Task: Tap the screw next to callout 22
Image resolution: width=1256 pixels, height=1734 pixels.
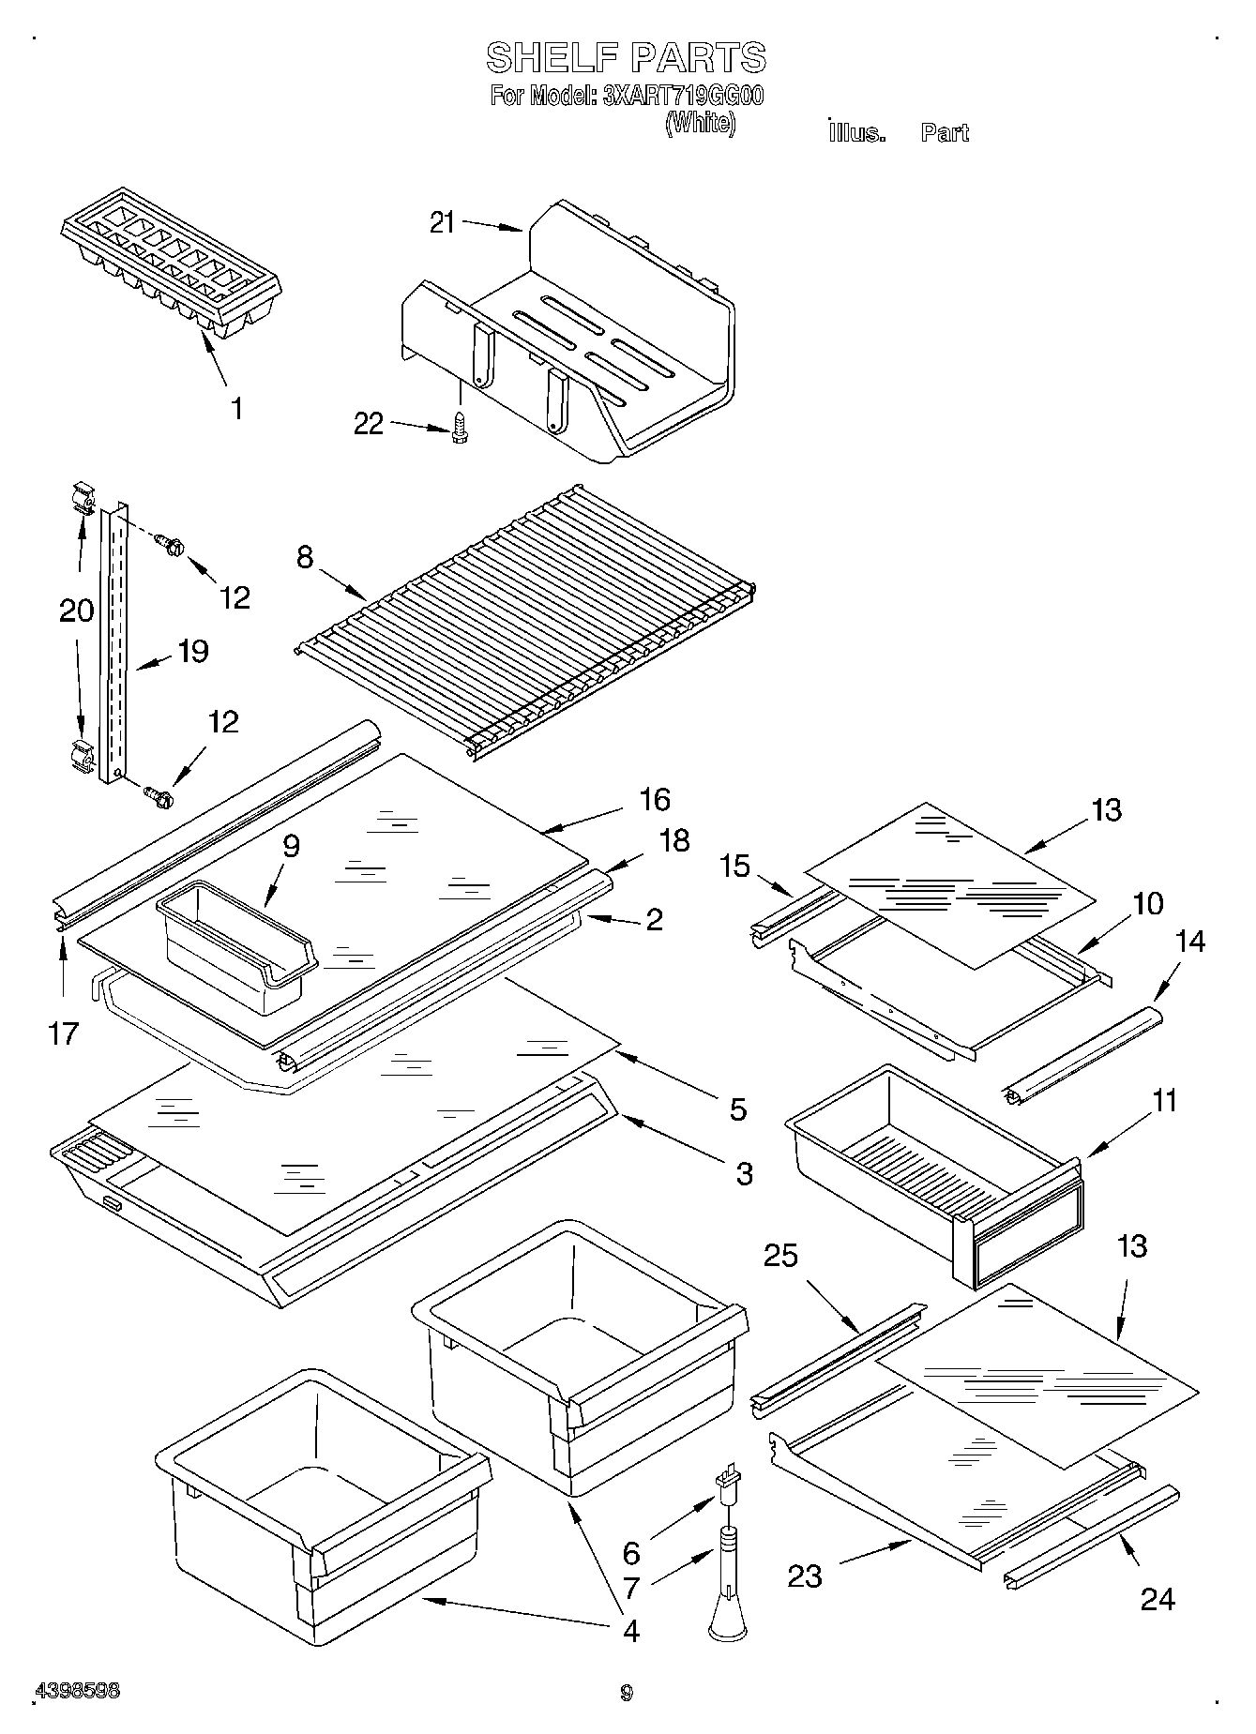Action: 460,428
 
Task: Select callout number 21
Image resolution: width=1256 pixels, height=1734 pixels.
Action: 442,223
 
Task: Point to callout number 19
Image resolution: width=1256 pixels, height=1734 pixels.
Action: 193,651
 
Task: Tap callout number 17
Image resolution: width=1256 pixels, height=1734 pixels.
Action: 64,1033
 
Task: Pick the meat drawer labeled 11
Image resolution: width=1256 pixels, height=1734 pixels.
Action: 929,1168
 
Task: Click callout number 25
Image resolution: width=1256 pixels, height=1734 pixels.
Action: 780,1255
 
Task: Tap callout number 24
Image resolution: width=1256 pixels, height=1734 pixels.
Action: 1157,1598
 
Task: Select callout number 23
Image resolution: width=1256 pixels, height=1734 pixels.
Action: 805,1576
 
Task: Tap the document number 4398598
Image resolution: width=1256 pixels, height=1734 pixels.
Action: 77,1691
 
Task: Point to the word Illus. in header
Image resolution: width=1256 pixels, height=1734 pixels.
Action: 856,133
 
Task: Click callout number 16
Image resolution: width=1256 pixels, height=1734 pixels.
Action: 655,799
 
